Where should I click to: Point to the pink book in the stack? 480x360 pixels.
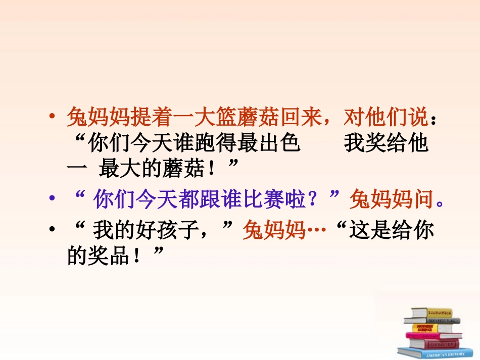tap(434, 335)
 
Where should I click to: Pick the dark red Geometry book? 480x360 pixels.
tap(435, 343)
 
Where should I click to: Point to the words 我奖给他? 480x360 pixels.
tap(387, 144)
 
